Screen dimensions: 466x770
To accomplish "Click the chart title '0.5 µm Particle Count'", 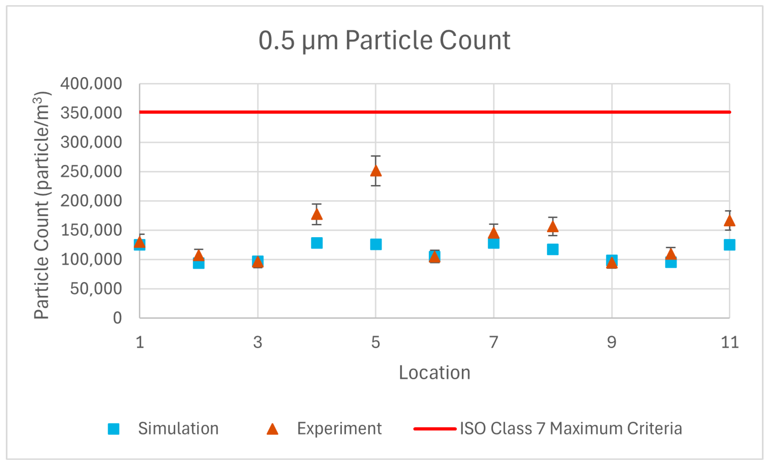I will [384, 40].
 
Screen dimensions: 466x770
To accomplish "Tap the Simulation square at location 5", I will [375, 244].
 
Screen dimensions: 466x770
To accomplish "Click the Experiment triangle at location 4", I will [317, 215].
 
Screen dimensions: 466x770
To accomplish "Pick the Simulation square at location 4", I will [317, 243].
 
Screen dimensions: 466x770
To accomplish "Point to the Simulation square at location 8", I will [552, 250].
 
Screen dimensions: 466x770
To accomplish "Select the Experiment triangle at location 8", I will [552, 227].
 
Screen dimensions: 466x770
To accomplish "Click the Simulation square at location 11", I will [729, 245].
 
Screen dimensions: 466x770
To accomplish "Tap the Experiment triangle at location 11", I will [729, 221].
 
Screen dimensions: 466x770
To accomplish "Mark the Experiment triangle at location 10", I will [671, 254].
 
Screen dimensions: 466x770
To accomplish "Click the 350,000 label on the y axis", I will [91, 113].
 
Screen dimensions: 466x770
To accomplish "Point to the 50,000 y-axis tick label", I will [96, 289].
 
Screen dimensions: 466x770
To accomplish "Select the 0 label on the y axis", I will [117, 318].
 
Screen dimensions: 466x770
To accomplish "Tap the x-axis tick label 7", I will [493, 342].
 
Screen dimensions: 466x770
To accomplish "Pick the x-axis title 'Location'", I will [434, 372].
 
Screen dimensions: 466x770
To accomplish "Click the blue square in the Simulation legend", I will [114, 429].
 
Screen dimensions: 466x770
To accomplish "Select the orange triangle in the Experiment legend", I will [272, 429].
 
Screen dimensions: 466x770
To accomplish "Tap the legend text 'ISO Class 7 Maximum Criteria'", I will [571, 428].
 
